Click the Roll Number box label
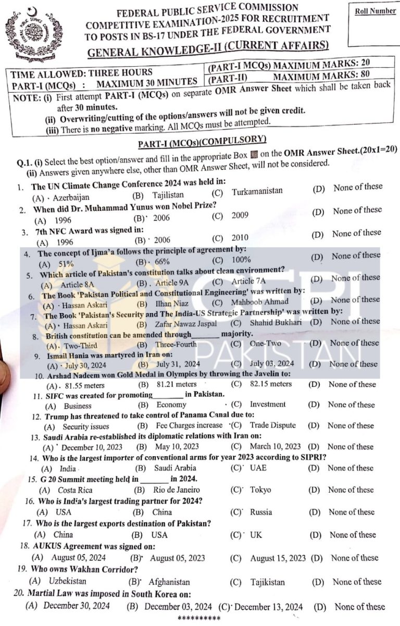(375, 11)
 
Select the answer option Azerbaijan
(71, 197)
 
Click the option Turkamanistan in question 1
(257, 191)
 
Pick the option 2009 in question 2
(240, 215)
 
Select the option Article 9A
(174, 283)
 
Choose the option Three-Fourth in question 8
(176, 344)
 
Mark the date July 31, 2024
(178, 364)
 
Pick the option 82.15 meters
(271, 384)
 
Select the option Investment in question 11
(268, 404)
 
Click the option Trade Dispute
(273, 425)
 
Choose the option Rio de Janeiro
(177, 490)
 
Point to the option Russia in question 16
(261, 512)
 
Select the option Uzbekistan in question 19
(68, 581)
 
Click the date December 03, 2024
(178, 606)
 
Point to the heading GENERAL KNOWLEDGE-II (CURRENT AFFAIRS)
(208, 48)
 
